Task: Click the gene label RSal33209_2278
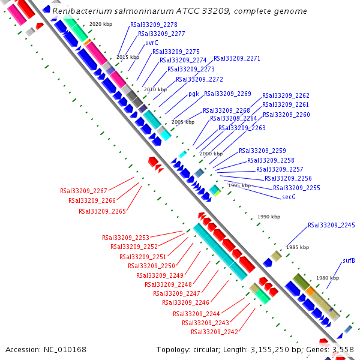(x=153, y=25)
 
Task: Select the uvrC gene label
(x=151, y=43)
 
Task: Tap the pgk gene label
(x=193, y=94)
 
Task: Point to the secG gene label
(x=289, y=197)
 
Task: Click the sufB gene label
(x=349, y=261)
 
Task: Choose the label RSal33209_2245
(x=331, y=226)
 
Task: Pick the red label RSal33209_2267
(x=83, y=191)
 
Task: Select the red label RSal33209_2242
(x=214, y=332)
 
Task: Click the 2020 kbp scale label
(x=101, y=24)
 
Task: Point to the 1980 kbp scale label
(x=328, y=278)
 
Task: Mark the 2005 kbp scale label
(x=183, y=122)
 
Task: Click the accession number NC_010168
(x=66, y=349)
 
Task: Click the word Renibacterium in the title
(x=80, y=11)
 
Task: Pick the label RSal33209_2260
(x=286, y=115)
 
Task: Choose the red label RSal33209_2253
(x=125, y=238)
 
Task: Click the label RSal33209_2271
(x=236, y=59)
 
